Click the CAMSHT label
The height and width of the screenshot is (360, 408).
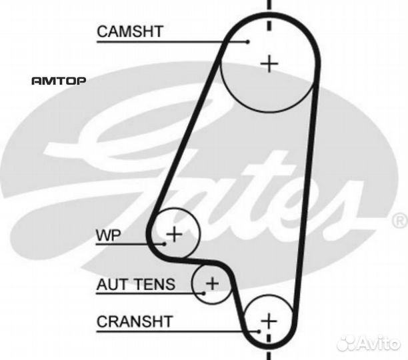pos(130,31)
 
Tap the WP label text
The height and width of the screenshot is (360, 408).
pos(109,235)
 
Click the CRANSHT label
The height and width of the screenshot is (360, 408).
pos(134,321)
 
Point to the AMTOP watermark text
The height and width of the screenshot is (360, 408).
pos(58,81)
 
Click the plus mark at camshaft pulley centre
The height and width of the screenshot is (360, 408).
pos(269,63)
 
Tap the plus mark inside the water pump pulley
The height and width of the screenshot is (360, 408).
pos(174,233)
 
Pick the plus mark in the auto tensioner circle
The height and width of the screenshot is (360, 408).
pos(212,283)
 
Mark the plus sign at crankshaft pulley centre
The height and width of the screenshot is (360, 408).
pos(268,321)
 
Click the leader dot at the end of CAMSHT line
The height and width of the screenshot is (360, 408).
pos(247,41)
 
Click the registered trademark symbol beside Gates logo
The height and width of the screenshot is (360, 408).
pos(400,219)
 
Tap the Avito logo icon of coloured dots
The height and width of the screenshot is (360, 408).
pos(351,343)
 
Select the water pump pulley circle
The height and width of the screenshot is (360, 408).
pos(188,220)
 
